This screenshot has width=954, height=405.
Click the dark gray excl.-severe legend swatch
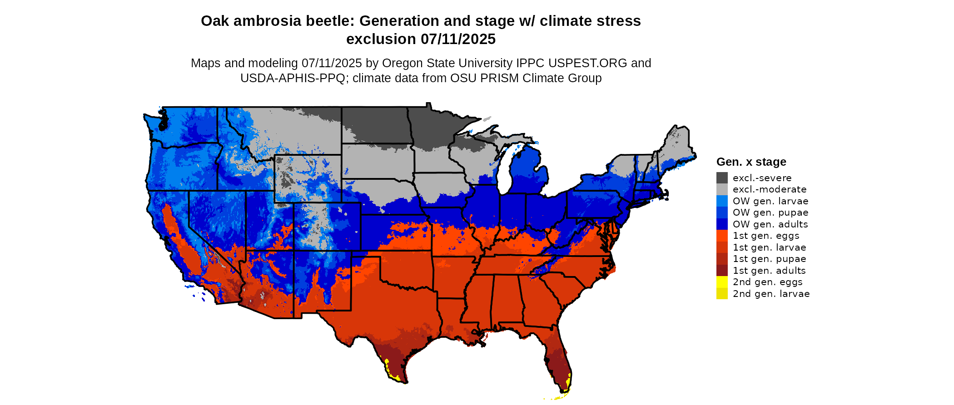tap(722, 178)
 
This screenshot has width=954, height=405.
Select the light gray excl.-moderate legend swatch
tap(722, 189)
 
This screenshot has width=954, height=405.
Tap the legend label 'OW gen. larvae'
tap(770, 201)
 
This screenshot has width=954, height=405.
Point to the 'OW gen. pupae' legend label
tap(770, 212)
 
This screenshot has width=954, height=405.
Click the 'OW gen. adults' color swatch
tap(722, 224)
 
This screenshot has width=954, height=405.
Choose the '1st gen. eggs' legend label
tap(765, 236)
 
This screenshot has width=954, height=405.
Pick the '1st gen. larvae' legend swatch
tap(722, 247)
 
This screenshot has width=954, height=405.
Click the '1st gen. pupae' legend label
tap(769, 259)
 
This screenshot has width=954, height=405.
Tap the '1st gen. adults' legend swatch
tap(722, 271)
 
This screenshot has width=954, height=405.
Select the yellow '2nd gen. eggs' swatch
tap(722, 282)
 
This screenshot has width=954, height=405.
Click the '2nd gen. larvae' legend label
tap(771, 294)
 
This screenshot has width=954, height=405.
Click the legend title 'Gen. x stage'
tap(751, 162)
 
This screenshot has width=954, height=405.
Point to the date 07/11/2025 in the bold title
tap(458, 40)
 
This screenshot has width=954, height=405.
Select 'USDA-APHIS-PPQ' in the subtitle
tap(293, 78)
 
